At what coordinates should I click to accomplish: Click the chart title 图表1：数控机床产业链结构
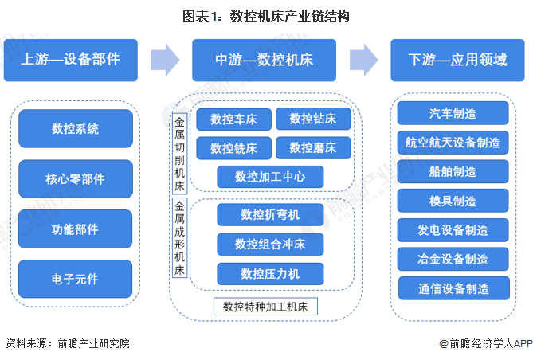(x=266, y=15)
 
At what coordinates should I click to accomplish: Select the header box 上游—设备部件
(x=75, y=60)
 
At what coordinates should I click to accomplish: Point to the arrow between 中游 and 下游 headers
(x=363, y=59)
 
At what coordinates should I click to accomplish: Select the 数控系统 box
(x=75, y=128)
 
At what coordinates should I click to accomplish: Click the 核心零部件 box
(x=75, y=179)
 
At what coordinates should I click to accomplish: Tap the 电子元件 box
(x=75, y=280)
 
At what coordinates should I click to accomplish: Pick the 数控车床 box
(x=233, y=119)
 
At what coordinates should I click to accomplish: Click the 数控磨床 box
(x=312, y=148)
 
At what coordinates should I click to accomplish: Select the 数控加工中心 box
(x=270, y=176)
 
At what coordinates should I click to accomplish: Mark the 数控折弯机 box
(x=270, y=214)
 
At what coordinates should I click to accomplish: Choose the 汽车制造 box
(x=453, y=113)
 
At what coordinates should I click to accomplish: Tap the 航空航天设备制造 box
(x=453, y=143)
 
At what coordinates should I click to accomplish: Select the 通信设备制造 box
(x=453, y=288)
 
